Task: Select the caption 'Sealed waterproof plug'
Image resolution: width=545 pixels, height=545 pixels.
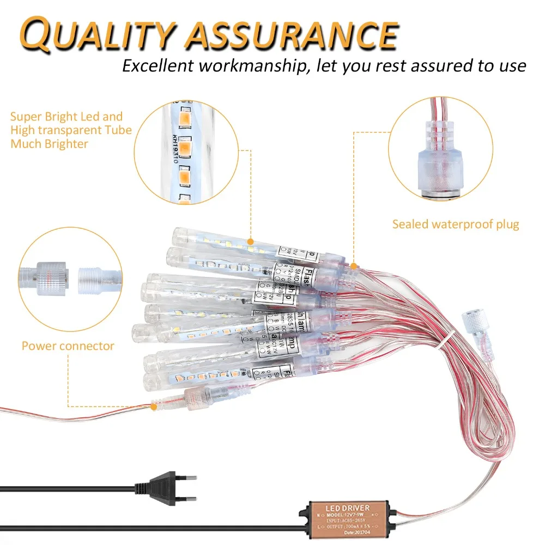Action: pos(456,224)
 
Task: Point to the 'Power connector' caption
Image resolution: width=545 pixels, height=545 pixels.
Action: pos(68,346)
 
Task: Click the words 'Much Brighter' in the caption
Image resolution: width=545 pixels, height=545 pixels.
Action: pos(49,144)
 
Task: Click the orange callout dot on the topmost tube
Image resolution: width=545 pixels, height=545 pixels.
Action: pos(250,241)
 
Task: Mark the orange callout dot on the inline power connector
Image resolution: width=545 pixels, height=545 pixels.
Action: pos(154,406)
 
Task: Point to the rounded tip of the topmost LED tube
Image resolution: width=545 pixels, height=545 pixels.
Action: pos(178,235)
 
